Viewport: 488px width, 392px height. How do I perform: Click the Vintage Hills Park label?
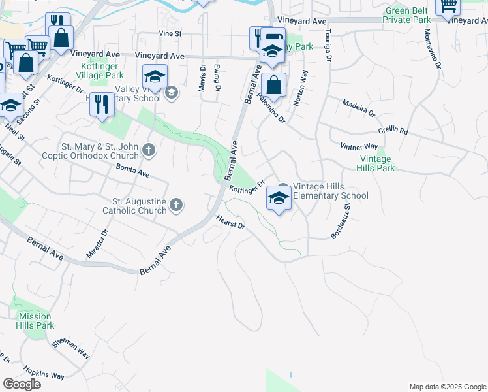(x=376, y=163)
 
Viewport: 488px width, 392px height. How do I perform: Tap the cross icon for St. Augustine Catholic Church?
(x=175, y=206)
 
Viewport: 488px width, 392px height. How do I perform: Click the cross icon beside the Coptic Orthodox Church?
(x=149, y=151)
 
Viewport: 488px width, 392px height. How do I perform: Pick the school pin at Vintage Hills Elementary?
(x=279, y=198)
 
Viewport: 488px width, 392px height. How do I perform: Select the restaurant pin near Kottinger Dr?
(x=102, y=105)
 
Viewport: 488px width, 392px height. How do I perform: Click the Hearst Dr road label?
(x=230, y=223)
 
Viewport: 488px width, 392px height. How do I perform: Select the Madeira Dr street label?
(x=359, y=108)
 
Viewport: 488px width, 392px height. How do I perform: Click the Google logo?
(x=22, y=384)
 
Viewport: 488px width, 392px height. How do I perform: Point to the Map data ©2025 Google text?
(x=447, y=387)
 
